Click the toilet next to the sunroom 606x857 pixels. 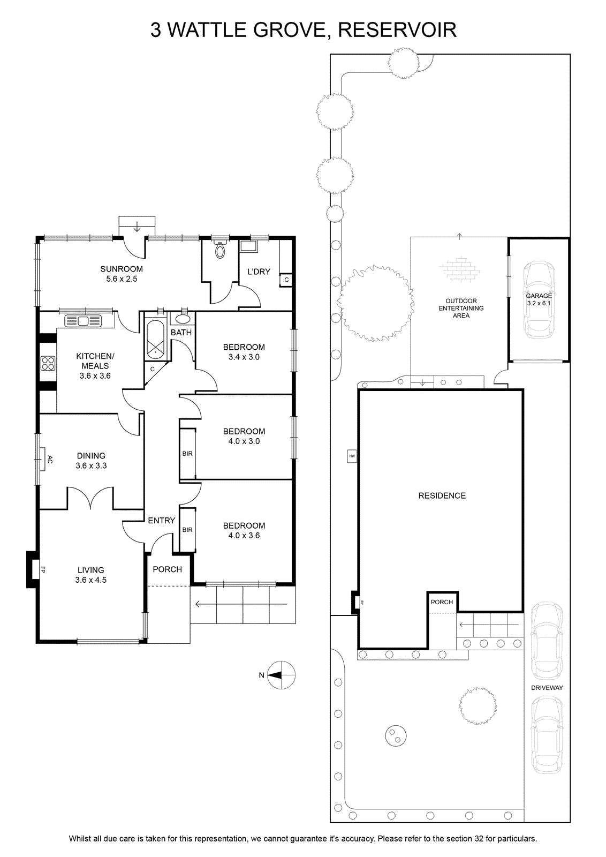pos(220,250)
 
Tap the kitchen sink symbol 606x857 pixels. pos(84,321)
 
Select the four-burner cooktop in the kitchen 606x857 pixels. pos(48,363)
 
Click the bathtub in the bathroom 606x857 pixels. pos(155,340)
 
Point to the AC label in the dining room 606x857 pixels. pos(49,460)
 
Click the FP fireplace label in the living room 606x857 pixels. pos(43,570)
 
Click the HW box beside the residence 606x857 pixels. pos(352,456)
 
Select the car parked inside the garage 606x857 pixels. pos(539,300)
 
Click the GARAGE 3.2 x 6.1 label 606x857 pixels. pos(539,299)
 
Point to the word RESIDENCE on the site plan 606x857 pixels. pos(442,496)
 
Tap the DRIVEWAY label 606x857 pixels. pos(547,688)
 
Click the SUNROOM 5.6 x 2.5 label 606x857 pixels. pos(122,274)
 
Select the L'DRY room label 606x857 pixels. pos(259,272)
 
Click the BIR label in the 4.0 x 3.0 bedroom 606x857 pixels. pos(187,454)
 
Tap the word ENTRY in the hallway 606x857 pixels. pos(161,520)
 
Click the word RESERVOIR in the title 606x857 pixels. pos(397,30)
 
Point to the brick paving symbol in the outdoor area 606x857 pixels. pos(459,270)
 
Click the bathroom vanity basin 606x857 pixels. pos(183,319)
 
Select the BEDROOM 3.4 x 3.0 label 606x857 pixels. pos(244,352)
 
